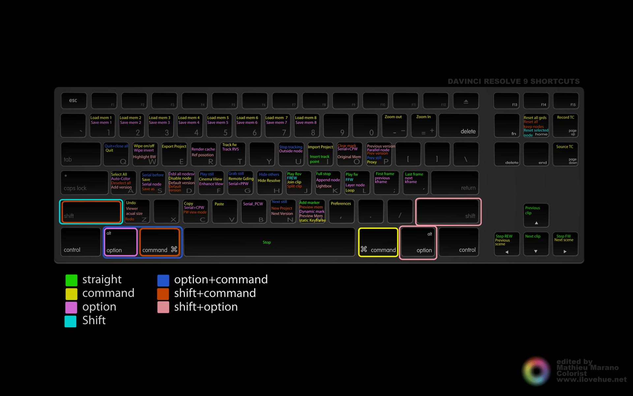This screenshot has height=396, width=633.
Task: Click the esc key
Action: coord(74,101)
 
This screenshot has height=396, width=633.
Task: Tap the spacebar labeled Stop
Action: coord(269,242)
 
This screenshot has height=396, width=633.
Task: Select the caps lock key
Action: coord(84,182)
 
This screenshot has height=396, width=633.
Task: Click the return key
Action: coord(455,182)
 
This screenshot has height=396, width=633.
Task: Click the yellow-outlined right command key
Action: coord(378,242)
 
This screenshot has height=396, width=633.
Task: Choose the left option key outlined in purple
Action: coord(121,242)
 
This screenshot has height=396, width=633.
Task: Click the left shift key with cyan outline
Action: coord(91,212)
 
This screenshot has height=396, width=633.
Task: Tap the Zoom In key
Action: coord(424,125)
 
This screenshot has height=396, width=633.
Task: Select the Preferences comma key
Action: coord(341,212)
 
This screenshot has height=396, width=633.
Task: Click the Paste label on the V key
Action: coord(219,204)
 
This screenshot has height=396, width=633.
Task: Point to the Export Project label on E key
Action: coord(174,147)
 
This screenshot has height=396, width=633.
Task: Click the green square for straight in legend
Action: coord(71,280)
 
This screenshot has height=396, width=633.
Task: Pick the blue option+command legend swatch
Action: coord(163,280)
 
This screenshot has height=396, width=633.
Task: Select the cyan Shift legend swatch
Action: coord(71,321)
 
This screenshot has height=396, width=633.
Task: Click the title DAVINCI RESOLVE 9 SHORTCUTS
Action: coord(513,81)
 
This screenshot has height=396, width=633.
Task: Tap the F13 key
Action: coord(506,101)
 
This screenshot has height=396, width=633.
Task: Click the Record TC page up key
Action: coord(565,125)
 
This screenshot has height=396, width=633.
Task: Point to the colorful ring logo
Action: coord(536,371)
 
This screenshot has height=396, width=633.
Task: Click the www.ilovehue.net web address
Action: coord(591,380)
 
